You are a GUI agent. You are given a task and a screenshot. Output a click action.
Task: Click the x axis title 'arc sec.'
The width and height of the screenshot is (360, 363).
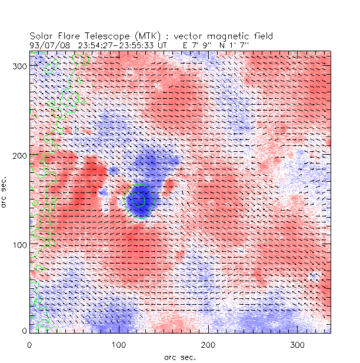point(179,356)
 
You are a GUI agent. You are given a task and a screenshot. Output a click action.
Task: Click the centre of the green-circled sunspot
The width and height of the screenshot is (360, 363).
point(139,200)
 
